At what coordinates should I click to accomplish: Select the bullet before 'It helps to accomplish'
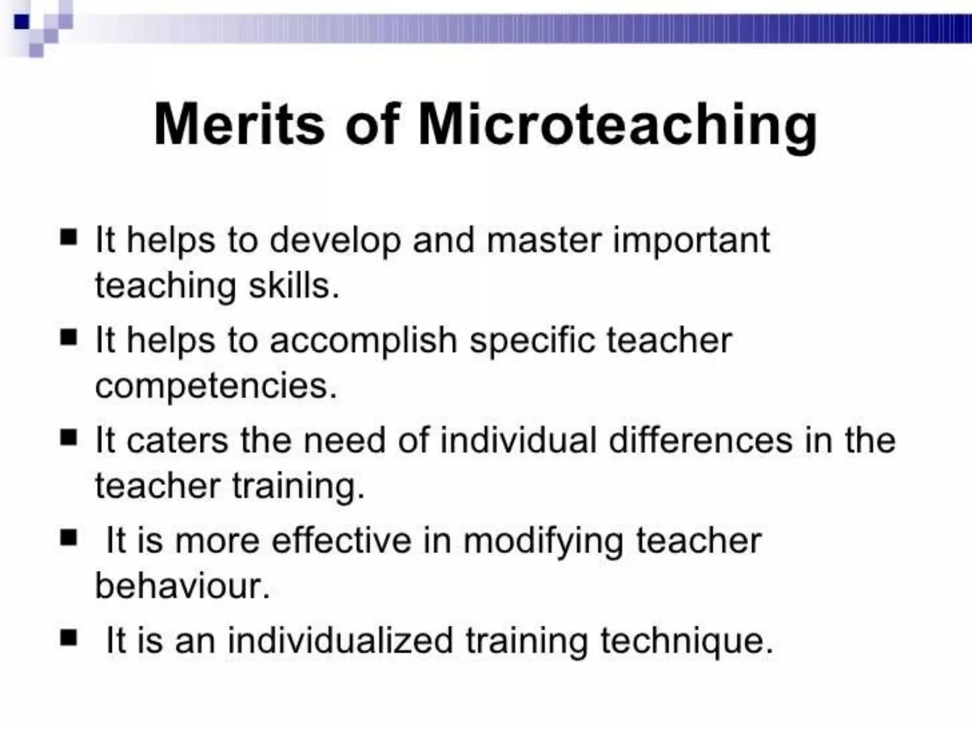click(68, 337)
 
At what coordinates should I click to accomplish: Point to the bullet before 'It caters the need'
click(68, 437)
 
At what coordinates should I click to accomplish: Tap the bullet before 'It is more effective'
click(68, 538)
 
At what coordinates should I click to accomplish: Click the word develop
click(335, 241)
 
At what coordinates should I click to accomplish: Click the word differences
click(701, 440)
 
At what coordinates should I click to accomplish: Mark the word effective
click(341, 540)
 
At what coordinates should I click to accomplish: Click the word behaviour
click(182, 586)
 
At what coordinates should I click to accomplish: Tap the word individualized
click(340, 641)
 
